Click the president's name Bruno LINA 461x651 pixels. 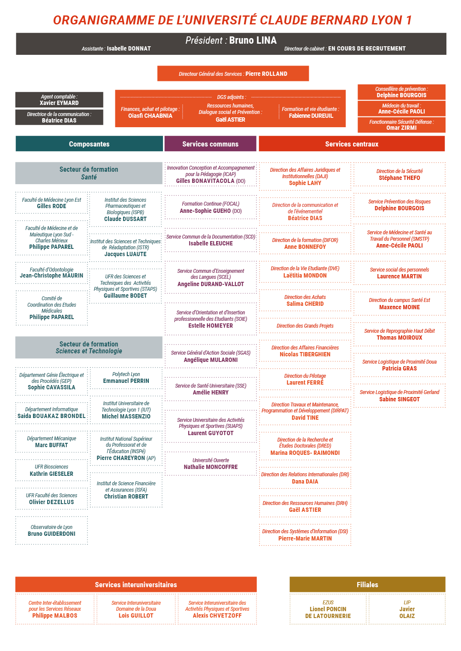coord(253,40)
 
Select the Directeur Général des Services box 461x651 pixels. coord(233,74)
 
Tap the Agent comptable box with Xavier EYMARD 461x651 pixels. coord(59,100)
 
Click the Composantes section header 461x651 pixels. coord(89,143)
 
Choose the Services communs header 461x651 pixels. coord(210,143)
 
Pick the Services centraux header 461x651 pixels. coord(352,143)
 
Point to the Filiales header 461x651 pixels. coord(367,585)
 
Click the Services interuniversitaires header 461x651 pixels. coord(136,585)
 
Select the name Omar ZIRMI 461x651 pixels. coord(401,128)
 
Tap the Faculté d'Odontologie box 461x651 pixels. coord(51,273)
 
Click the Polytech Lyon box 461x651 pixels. coord(126,378)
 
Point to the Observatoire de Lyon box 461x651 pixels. coord(51,530)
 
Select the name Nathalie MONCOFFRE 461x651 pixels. coord(211,467)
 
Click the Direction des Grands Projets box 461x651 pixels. coord(305,326)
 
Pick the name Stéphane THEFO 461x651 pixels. coord(399,178)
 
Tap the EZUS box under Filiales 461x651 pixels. coord(328,609)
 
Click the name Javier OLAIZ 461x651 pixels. coord(407,612)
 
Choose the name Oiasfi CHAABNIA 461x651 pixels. coord(150,116)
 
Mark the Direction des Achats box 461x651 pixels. coord(305,300)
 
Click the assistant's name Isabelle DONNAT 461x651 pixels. coord(129,48)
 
